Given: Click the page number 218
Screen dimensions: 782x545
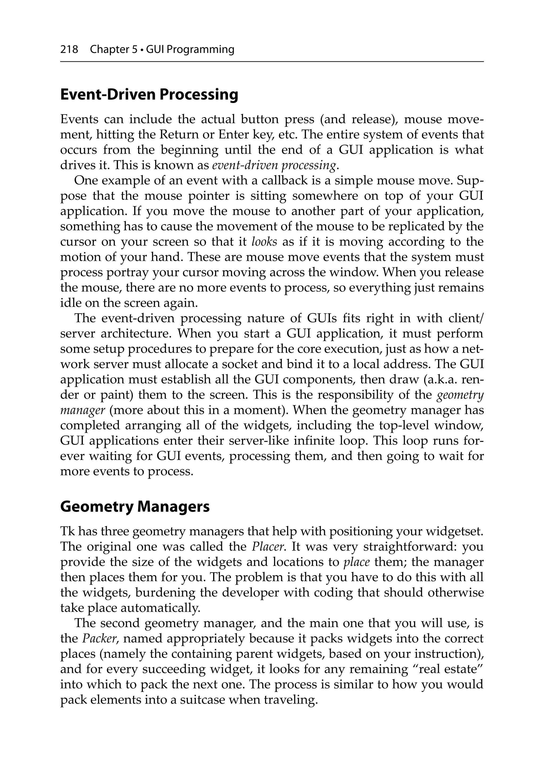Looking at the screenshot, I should (69, 50).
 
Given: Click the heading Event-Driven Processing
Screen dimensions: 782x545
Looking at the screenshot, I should (149, 95).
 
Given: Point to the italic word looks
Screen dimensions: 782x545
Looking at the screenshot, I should (264, 242).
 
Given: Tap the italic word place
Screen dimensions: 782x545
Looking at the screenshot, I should (357, 562).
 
